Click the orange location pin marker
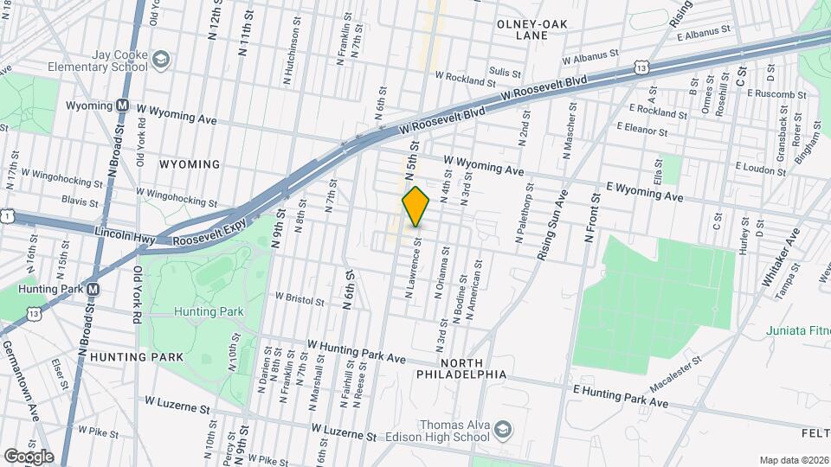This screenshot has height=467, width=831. (x=415, y=208)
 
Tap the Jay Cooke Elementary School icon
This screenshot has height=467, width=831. (x=160, y=59)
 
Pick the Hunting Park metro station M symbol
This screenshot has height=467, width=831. (x=93, y=289)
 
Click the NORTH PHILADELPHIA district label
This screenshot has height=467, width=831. (x=472, y=368)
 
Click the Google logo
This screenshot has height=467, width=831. (x=28, y=456)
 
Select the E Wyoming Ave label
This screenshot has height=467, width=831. (x=644, y=190)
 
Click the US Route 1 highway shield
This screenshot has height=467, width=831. (x=6, y=215)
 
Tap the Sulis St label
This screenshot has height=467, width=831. (x=505, y=74)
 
